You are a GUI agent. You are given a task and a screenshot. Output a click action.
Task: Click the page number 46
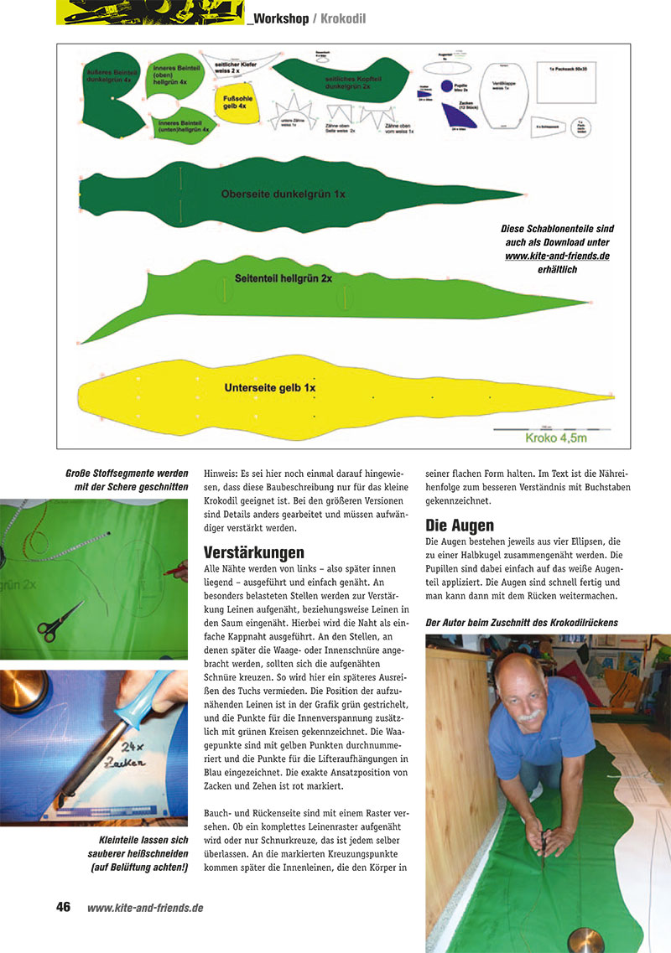tap(63, 907)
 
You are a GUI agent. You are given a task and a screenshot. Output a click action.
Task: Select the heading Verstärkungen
tap(253, 552)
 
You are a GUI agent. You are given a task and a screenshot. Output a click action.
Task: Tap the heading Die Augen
tap(460, 526)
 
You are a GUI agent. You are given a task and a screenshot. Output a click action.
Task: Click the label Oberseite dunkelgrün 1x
tap(283, 194)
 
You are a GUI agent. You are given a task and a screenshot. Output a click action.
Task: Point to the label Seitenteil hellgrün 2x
tap(283, 277)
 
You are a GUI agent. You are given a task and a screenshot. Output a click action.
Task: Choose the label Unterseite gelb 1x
tap(269, 388)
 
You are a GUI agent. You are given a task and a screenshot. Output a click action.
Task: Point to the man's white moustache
tap(530, 718)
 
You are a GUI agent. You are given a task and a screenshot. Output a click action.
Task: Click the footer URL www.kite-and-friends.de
tap(145, 907)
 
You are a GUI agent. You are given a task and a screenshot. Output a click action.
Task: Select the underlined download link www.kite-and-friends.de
tap(557, 255)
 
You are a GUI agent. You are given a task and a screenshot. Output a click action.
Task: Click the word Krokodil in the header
tap(343, 18)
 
